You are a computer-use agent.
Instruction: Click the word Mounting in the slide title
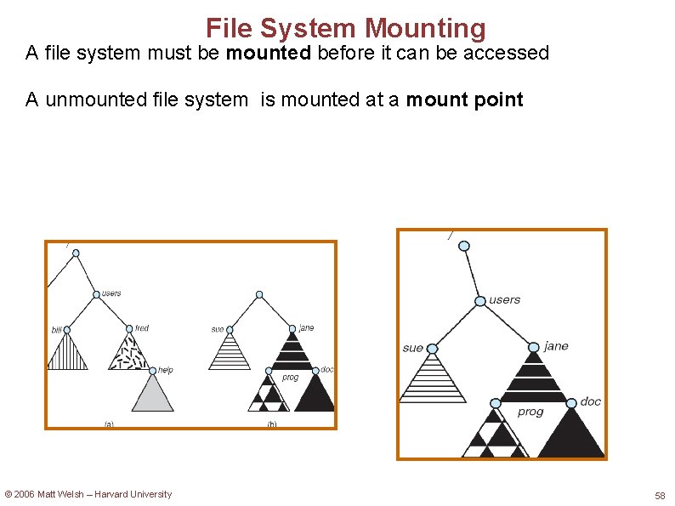(x=425, y=28)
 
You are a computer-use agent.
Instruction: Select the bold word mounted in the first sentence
(x=269, y=53)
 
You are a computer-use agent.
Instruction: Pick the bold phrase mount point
(x=464, y=99)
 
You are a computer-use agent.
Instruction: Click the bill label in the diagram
(x=57, y=329)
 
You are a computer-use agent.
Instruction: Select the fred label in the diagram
(x=142, y=328)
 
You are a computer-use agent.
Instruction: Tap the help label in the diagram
(x=166, y=370)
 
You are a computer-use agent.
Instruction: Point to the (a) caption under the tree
(x=109, y=424)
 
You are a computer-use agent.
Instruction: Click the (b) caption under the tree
(x=271, y=424)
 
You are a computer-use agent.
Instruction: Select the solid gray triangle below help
(x=153, y=395)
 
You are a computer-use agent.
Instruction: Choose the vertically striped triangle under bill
(x=67, y=353)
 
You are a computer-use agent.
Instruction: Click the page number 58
(x=660, y=495)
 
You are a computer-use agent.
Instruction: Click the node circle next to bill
(x=67, y=330)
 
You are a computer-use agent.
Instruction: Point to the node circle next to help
(x=153, y=370)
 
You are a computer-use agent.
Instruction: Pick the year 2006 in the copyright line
(x=26, y=494)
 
